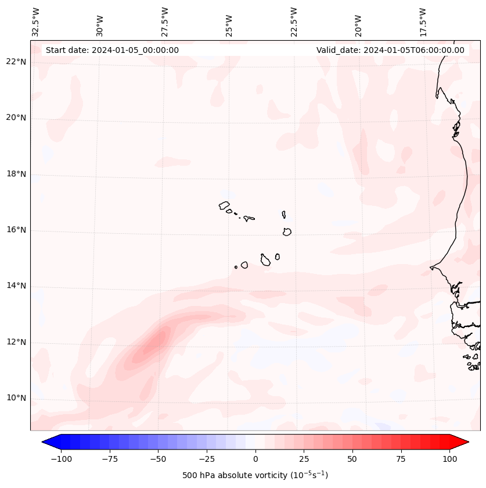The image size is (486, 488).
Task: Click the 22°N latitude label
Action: [x=16, y=62]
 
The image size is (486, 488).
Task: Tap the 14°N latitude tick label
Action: [x=16, y=286]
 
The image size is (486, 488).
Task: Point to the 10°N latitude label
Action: [x=16, y=398]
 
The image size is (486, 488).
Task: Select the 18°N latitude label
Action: [x=16, y=174]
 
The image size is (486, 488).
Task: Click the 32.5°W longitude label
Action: [x=36, y=22]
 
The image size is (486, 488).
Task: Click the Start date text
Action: [x=112, y=50]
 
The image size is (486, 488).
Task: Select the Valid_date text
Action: [x=390, y=50]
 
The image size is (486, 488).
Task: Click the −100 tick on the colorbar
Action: [x=61, y=459]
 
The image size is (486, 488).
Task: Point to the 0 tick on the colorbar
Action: [x=255, y=459]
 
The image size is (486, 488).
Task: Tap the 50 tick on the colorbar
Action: [x=352, y=459]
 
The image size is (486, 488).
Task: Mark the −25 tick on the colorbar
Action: [x=206, y=459]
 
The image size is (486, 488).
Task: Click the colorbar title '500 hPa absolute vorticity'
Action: [x=255, y=475]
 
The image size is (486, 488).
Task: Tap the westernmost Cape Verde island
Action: [x=224, y=205]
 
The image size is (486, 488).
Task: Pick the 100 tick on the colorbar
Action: [x=449, y=459]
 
